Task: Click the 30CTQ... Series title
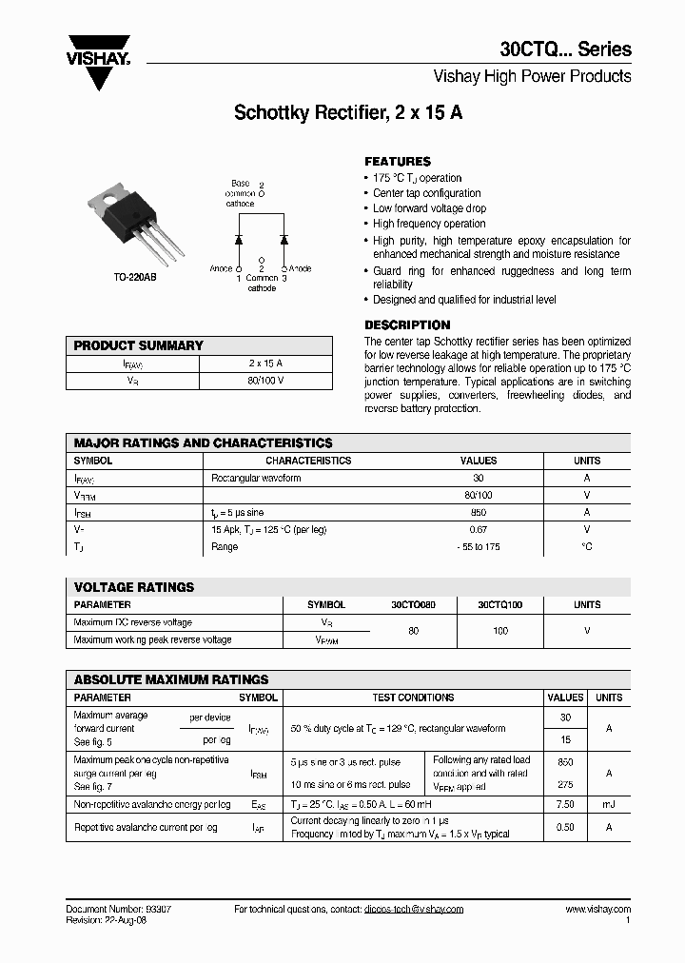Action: coord(565,50)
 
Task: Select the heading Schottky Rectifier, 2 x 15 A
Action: coord(348,112)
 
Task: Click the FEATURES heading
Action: coord(398,162)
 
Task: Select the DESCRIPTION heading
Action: coord(407,324)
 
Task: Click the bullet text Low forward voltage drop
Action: coord(429,208)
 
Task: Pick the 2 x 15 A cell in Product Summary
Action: coord(265,364)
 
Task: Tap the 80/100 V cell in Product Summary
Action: coord(265,381)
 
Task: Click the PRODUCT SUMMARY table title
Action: coord(138,345)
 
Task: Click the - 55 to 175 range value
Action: coord(479,546)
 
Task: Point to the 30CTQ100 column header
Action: coord(499,604)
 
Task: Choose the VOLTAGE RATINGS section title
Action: coord(133,587)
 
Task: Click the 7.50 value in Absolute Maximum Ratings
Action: coord(565,804)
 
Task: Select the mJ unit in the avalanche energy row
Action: coord(609,804)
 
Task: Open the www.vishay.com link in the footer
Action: coord(597,909)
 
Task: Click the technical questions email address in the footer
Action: coord(413,909)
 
